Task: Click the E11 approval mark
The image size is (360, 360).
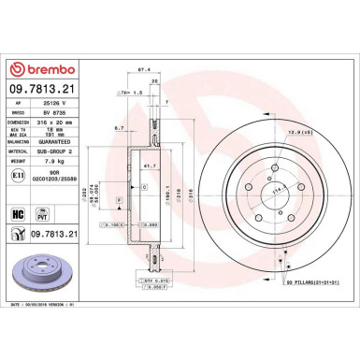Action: pos(20,174)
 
